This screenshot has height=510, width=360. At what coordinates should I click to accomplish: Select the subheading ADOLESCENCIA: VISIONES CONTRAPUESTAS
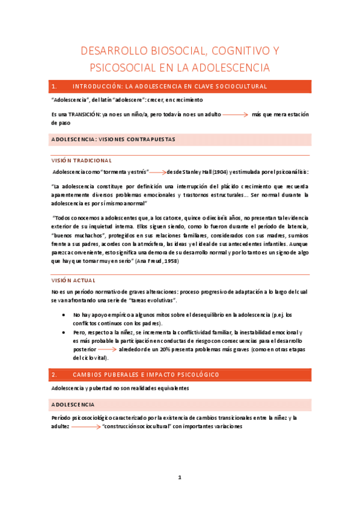coord(113,140)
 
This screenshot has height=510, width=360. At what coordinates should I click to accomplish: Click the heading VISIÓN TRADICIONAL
coord(82,161)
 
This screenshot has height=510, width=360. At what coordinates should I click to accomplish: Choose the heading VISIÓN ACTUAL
coord(73,281)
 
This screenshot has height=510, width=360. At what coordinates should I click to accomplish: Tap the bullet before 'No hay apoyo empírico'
coord(64,315)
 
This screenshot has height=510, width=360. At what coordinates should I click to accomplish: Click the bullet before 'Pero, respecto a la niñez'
coord(64,332)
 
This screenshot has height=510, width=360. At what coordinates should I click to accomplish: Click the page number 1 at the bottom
coord(179,478)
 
